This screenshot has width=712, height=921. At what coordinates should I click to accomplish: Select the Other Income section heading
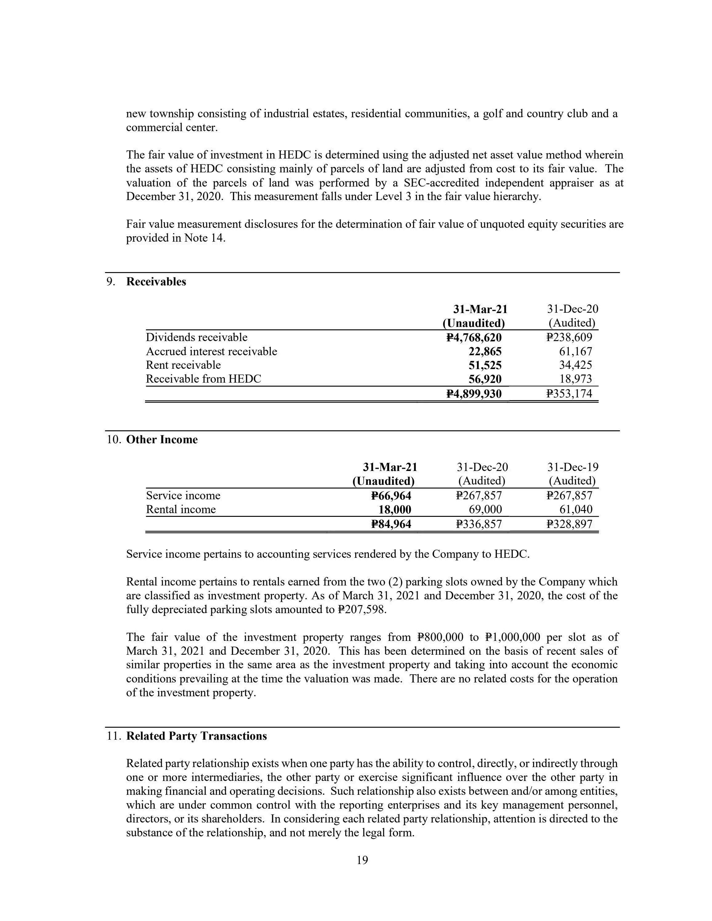point(162,440)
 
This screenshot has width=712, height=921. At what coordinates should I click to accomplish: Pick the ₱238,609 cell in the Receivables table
point(569,337)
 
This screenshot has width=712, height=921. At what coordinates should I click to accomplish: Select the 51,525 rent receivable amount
point(485,365)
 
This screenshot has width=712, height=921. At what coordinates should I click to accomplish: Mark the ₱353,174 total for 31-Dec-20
point(569,394)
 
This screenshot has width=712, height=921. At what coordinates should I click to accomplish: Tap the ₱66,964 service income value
point(391,496)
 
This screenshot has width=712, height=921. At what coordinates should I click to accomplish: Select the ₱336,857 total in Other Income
point(479,524)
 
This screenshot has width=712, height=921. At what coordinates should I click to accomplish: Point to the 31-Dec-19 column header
point(572,467)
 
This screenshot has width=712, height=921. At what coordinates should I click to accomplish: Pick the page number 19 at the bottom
point(362,860)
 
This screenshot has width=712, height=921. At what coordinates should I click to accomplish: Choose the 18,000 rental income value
point(395,509)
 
